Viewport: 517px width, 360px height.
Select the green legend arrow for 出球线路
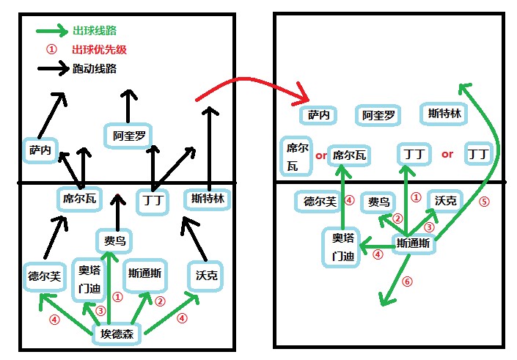(x=51, y=31)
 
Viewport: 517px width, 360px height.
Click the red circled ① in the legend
(x=51, y=50)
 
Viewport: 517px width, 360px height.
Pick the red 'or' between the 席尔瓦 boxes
(x=320, y=155)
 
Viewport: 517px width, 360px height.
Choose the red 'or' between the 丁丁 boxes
(x=447, y=154)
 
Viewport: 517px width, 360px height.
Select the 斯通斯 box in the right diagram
(x=414, y=244)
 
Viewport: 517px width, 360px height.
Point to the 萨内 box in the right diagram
(x=318, y=115)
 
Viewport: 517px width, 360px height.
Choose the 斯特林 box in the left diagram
(x=208, y=199)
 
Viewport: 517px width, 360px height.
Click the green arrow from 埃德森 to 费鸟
(x=114, y=290)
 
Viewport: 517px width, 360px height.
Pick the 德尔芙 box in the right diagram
(x=320, y=202)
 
